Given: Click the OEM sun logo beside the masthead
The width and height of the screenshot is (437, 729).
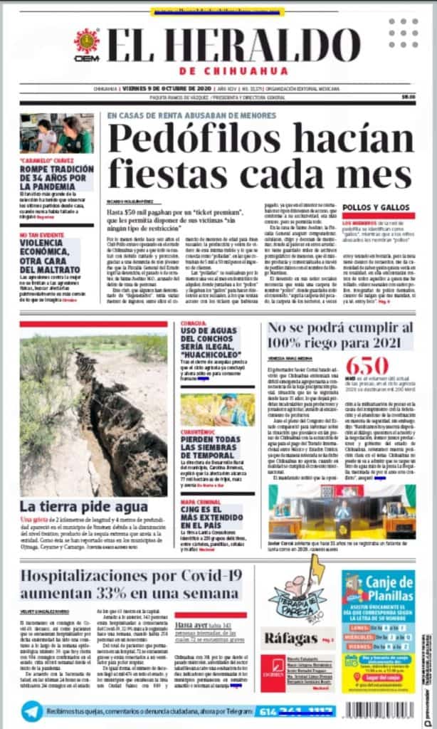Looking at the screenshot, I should pos(87,41).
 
